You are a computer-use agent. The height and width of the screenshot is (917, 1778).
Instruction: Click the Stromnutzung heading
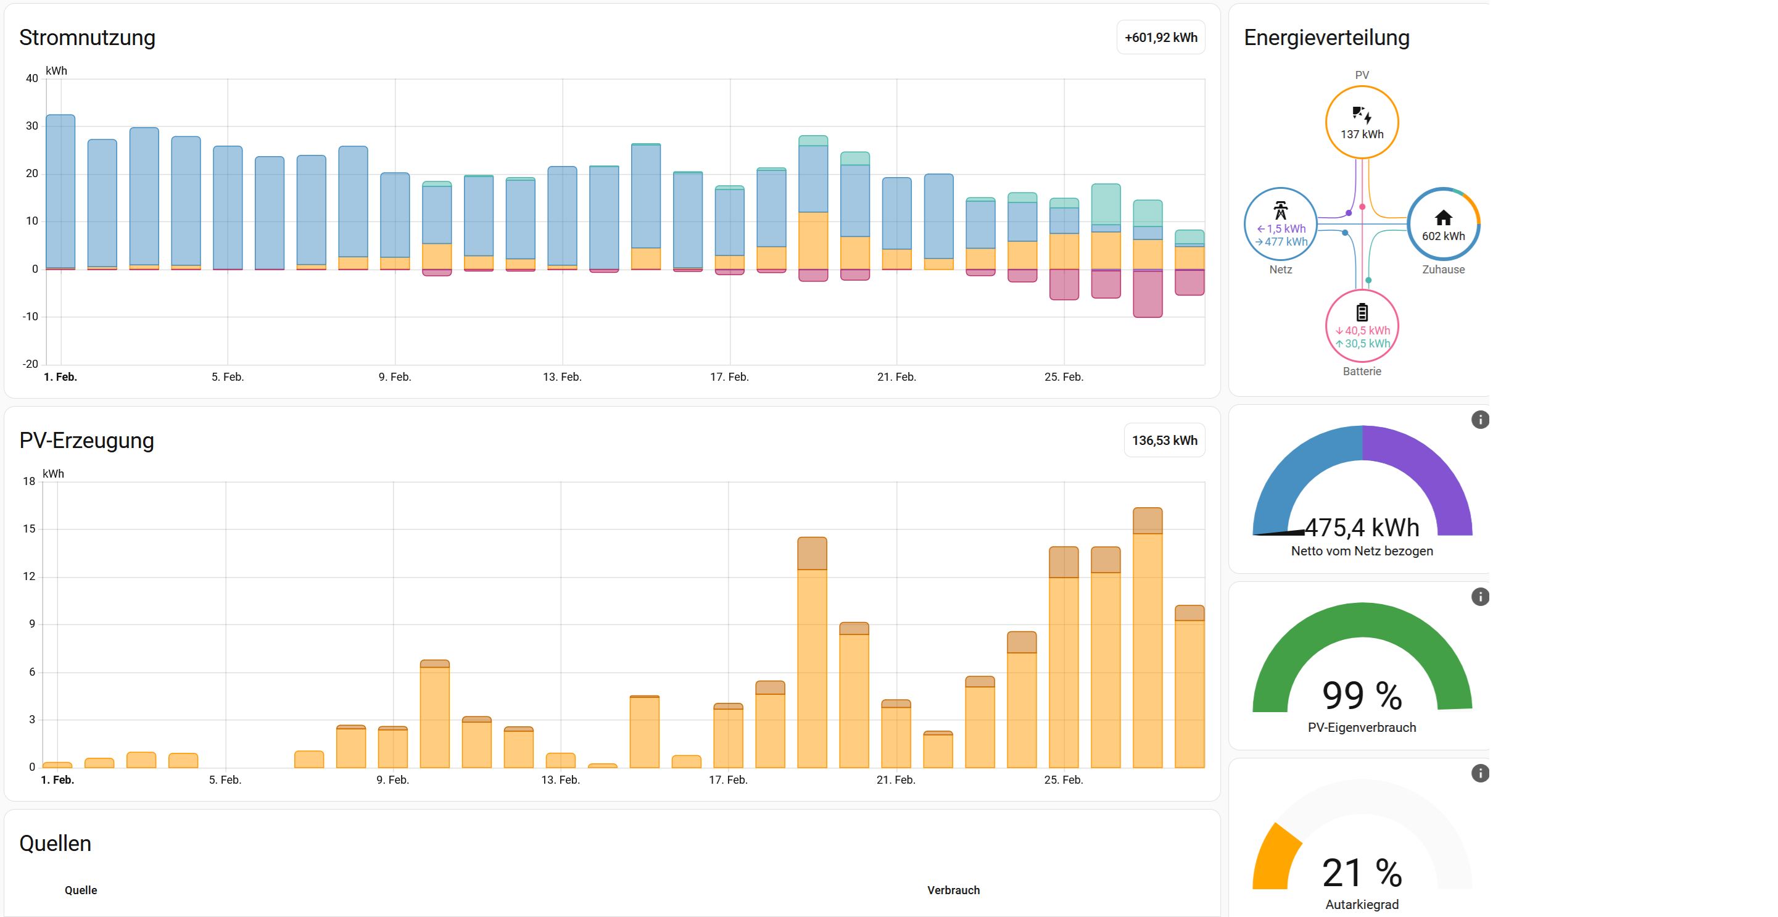[87, 37]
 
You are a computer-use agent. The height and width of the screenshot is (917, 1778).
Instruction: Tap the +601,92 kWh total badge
[1160, 37]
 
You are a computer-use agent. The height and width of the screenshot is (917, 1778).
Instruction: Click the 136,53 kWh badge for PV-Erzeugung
[1164, 440]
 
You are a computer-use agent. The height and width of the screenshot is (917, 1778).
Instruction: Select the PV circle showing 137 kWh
[1361, 122]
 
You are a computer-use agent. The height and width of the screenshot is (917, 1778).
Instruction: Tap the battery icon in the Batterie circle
[1361, 313]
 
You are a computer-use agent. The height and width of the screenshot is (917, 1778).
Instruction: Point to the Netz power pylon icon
[1280, 210]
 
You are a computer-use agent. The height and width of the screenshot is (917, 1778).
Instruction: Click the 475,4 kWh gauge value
[1361, 528]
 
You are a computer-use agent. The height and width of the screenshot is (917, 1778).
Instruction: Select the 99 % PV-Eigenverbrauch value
[1361, 695]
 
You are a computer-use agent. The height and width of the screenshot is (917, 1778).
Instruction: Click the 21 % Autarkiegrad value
[1361, 873]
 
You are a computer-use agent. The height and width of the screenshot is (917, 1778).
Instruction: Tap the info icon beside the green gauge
[1480, 597]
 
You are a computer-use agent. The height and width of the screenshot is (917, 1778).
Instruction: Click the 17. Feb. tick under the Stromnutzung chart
[729, 377]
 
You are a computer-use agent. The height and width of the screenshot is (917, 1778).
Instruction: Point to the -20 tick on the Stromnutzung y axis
[30, 364]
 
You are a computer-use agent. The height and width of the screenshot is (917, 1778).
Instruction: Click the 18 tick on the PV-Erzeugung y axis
[29, 481]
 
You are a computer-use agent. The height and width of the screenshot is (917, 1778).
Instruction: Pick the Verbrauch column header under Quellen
[953, 890]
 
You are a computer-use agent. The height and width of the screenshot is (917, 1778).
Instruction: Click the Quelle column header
[81, 890]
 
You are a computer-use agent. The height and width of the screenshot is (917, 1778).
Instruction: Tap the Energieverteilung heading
[1326, 37]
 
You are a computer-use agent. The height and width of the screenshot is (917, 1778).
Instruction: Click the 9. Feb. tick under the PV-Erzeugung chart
[393, 779]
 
